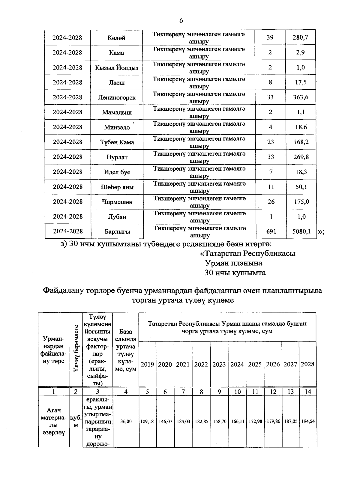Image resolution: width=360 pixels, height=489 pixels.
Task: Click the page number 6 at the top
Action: [181, 21]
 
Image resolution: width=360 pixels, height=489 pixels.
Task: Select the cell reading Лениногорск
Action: [117, 97]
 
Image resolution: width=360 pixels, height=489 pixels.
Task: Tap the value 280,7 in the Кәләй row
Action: [300, 38]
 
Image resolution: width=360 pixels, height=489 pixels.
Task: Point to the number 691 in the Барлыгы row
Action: [271, 231]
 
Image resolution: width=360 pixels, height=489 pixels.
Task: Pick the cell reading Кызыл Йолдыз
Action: [117, 68]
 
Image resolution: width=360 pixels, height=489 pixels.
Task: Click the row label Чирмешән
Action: [117, 202]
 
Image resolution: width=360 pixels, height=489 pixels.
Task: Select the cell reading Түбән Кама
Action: [117, 142]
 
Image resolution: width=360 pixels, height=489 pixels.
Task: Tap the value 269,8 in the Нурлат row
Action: [301, 157]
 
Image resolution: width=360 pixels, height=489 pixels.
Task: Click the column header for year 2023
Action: [219, 364]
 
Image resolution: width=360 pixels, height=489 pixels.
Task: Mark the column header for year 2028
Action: [307, 364]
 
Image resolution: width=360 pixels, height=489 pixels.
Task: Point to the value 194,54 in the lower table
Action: [308, 421]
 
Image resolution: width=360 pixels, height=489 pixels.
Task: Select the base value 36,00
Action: [126, 421]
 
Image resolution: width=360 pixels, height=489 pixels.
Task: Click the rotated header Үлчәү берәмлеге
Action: [76, 349]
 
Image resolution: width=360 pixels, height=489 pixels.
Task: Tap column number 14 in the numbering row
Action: [308, 391]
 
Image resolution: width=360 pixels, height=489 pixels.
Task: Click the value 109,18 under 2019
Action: [147, 421]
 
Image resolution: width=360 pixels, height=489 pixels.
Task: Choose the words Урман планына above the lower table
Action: [233, 263]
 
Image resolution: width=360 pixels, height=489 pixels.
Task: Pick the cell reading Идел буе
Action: [117, 172]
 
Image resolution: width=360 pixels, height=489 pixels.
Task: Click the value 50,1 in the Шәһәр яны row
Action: [301, 187]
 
